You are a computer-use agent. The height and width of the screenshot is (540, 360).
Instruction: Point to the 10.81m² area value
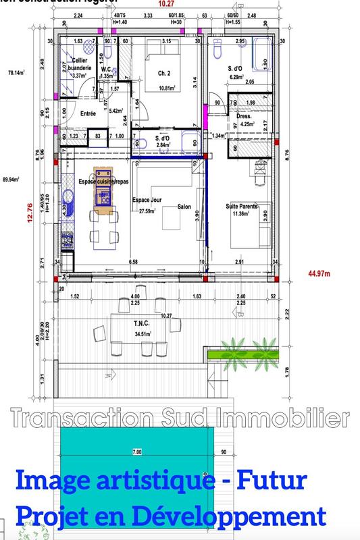pyautogui.click(x=161, y=88)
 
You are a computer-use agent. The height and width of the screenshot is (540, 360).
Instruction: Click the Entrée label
pyautogui.click(x=88, y=114)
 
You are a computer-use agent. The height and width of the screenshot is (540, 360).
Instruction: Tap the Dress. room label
pyautogui.click(x=243, y=115)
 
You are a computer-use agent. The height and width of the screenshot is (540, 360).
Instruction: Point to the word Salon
pyautogui.click(x=186, y=207)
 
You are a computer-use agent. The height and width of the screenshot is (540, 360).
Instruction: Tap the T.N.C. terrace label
pyautogui.click(x=141, y=324)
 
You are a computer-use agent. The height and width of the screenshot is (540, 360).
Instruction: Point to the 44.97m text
pyautogui.click(x=318, y=273)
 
